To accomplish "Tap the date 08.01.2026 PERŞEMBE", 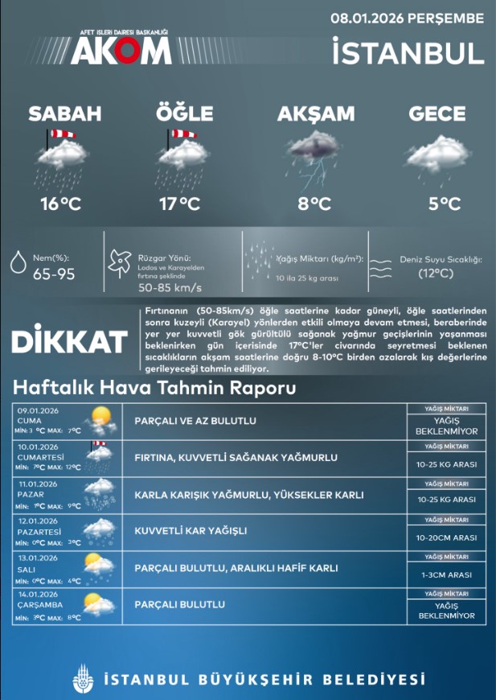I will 408,18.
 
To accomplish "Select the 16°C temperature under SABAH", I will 61,204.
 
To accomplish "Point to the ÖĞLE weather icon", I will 183,153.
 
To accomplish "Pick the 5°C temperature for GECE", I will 445,204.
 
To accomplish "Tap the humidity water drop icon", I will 18,263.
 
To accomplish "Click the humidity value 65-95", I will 53,274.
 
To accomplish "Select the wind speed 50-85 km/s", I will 170,287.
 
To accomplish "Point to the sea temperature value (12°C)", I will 436,274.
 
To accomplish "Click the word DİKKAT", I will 70,341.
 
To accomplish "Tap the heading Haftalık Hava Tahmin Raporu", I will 154,389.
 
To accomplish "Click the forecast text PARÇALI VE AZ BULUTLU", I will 195,421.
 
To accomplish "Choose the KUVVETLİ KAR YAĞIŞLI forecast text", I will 190,530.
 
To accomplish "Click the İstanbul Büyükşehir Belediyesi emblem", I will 81,679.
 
